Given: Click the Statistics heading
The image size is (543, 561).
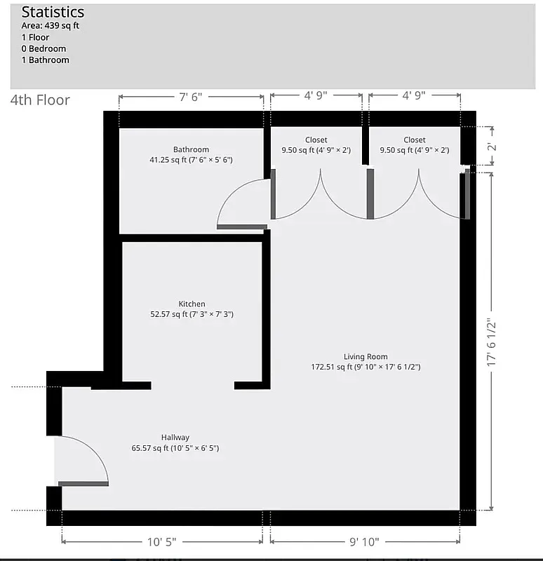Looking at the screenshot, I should coord(53,12).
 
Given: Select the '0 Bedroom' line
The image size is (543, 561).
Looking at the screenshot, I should coord(43,48).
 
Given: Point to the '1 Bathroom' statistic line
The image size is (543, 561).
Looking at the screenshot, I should coord(45,60).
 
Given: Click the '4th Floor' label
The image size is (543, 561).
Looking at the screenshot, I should coord(40,100).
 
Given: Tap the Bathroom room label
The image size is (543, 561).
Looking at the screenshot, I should coord(191,149).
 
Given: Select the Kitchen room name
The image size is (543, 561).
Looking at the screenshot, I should coord(192,304).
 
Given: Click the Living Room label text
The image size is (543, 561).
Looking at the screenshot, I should coord(366,356).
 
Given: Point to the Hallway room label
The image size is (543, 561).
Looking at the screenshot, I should coord(175,437).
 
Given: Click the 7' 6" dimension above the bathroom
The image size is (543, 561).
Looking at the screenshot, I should coord(190,97).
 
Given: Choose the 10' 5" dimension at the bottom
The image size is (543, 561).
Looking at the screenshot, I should coord(161,541).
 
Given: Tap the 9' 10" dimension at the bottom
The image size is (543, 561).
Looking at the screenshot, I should coord(365,541).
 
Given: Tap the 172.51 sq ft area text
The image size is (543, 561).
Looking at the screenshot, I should coord(366,367).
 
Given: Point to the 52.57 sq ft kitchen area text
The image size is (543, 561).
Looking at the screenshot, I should coord(192,314).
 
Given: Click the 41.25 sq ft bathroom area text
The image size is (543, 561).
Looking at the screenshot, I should coord(191,160).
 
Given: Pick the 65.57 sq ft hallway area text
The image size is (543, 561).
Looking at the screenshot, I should coord(175,447).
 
